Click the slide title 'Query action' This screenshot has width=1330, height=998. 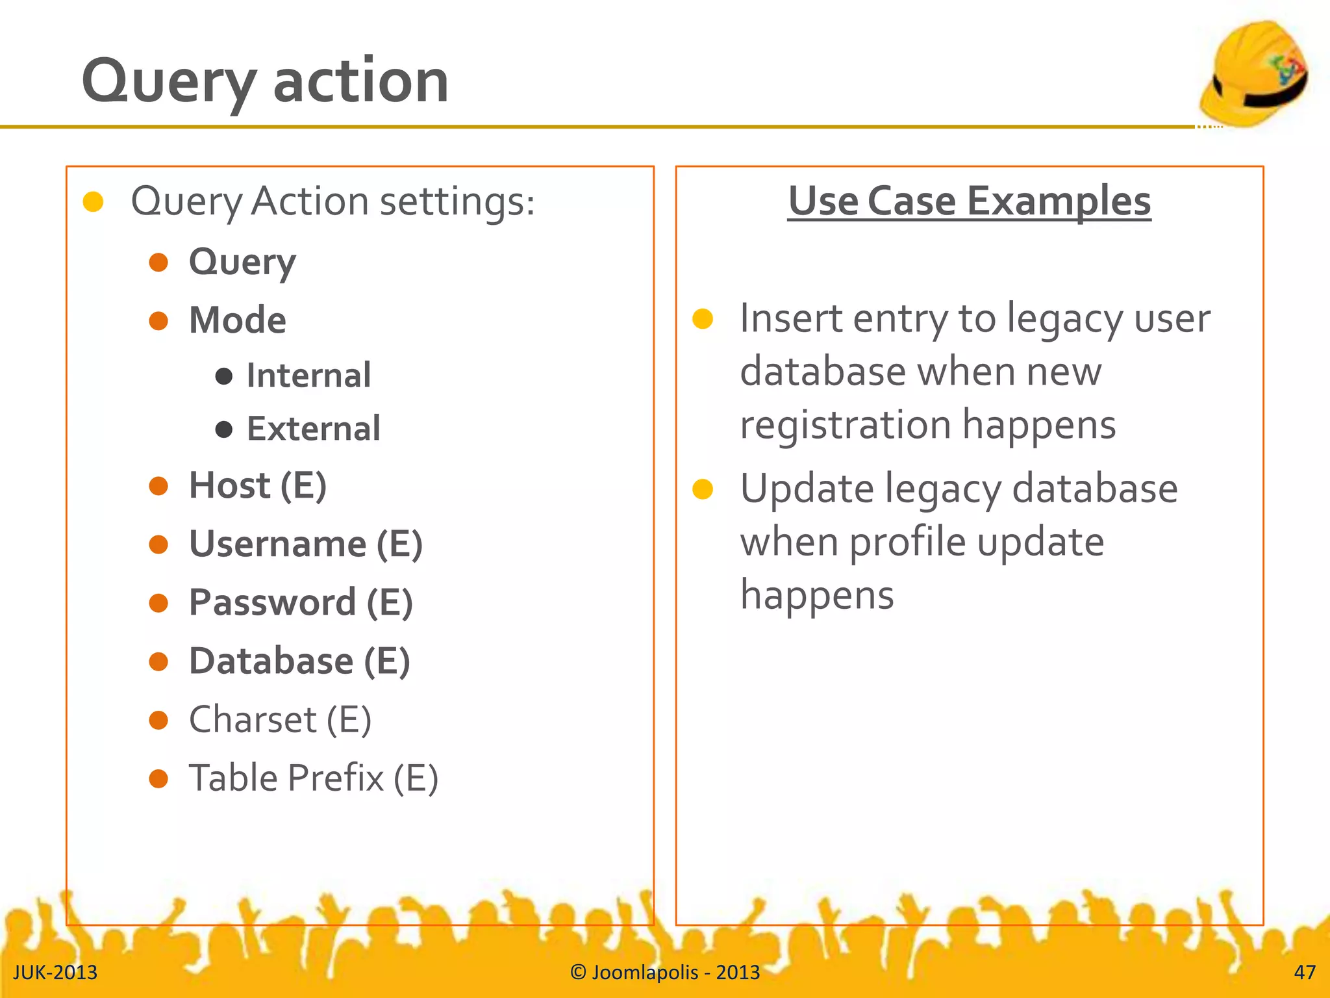point(265,81)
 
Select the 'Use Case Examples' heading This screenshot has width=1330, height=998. point(969,201)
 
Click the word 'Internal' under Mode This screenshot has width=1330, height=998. point(308,376)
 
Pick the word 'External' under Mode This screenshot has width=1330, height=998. point(313,429)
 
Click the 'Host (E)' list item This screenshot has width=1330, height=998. point(257,485)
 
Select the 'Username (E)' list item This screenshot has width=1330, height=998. point(305,544)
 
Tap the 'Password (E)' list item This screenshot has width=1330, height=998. point(301,602)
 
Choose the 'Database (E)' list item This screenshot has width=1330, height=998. point(299,661)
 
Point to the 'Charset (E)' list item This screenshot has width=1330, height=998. point(280,720)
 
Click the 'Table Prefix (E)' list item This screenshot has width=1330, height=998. point(313,778)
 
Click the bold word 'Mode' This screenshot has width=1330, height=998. point(237,320)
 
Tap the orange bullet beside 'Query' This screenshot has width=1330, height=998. point(158,262)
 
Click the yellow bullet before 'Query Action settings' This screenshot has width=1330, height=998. point(94,201)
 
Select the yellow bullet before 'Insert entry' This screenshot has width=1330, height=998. point(703,319)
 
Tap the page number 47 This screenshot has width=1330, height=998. point(1304,972)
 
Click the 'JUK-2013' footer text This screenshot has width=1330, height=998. point(55,972)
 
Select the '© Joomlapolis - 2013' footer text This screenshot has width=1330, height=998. point(665,972)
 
